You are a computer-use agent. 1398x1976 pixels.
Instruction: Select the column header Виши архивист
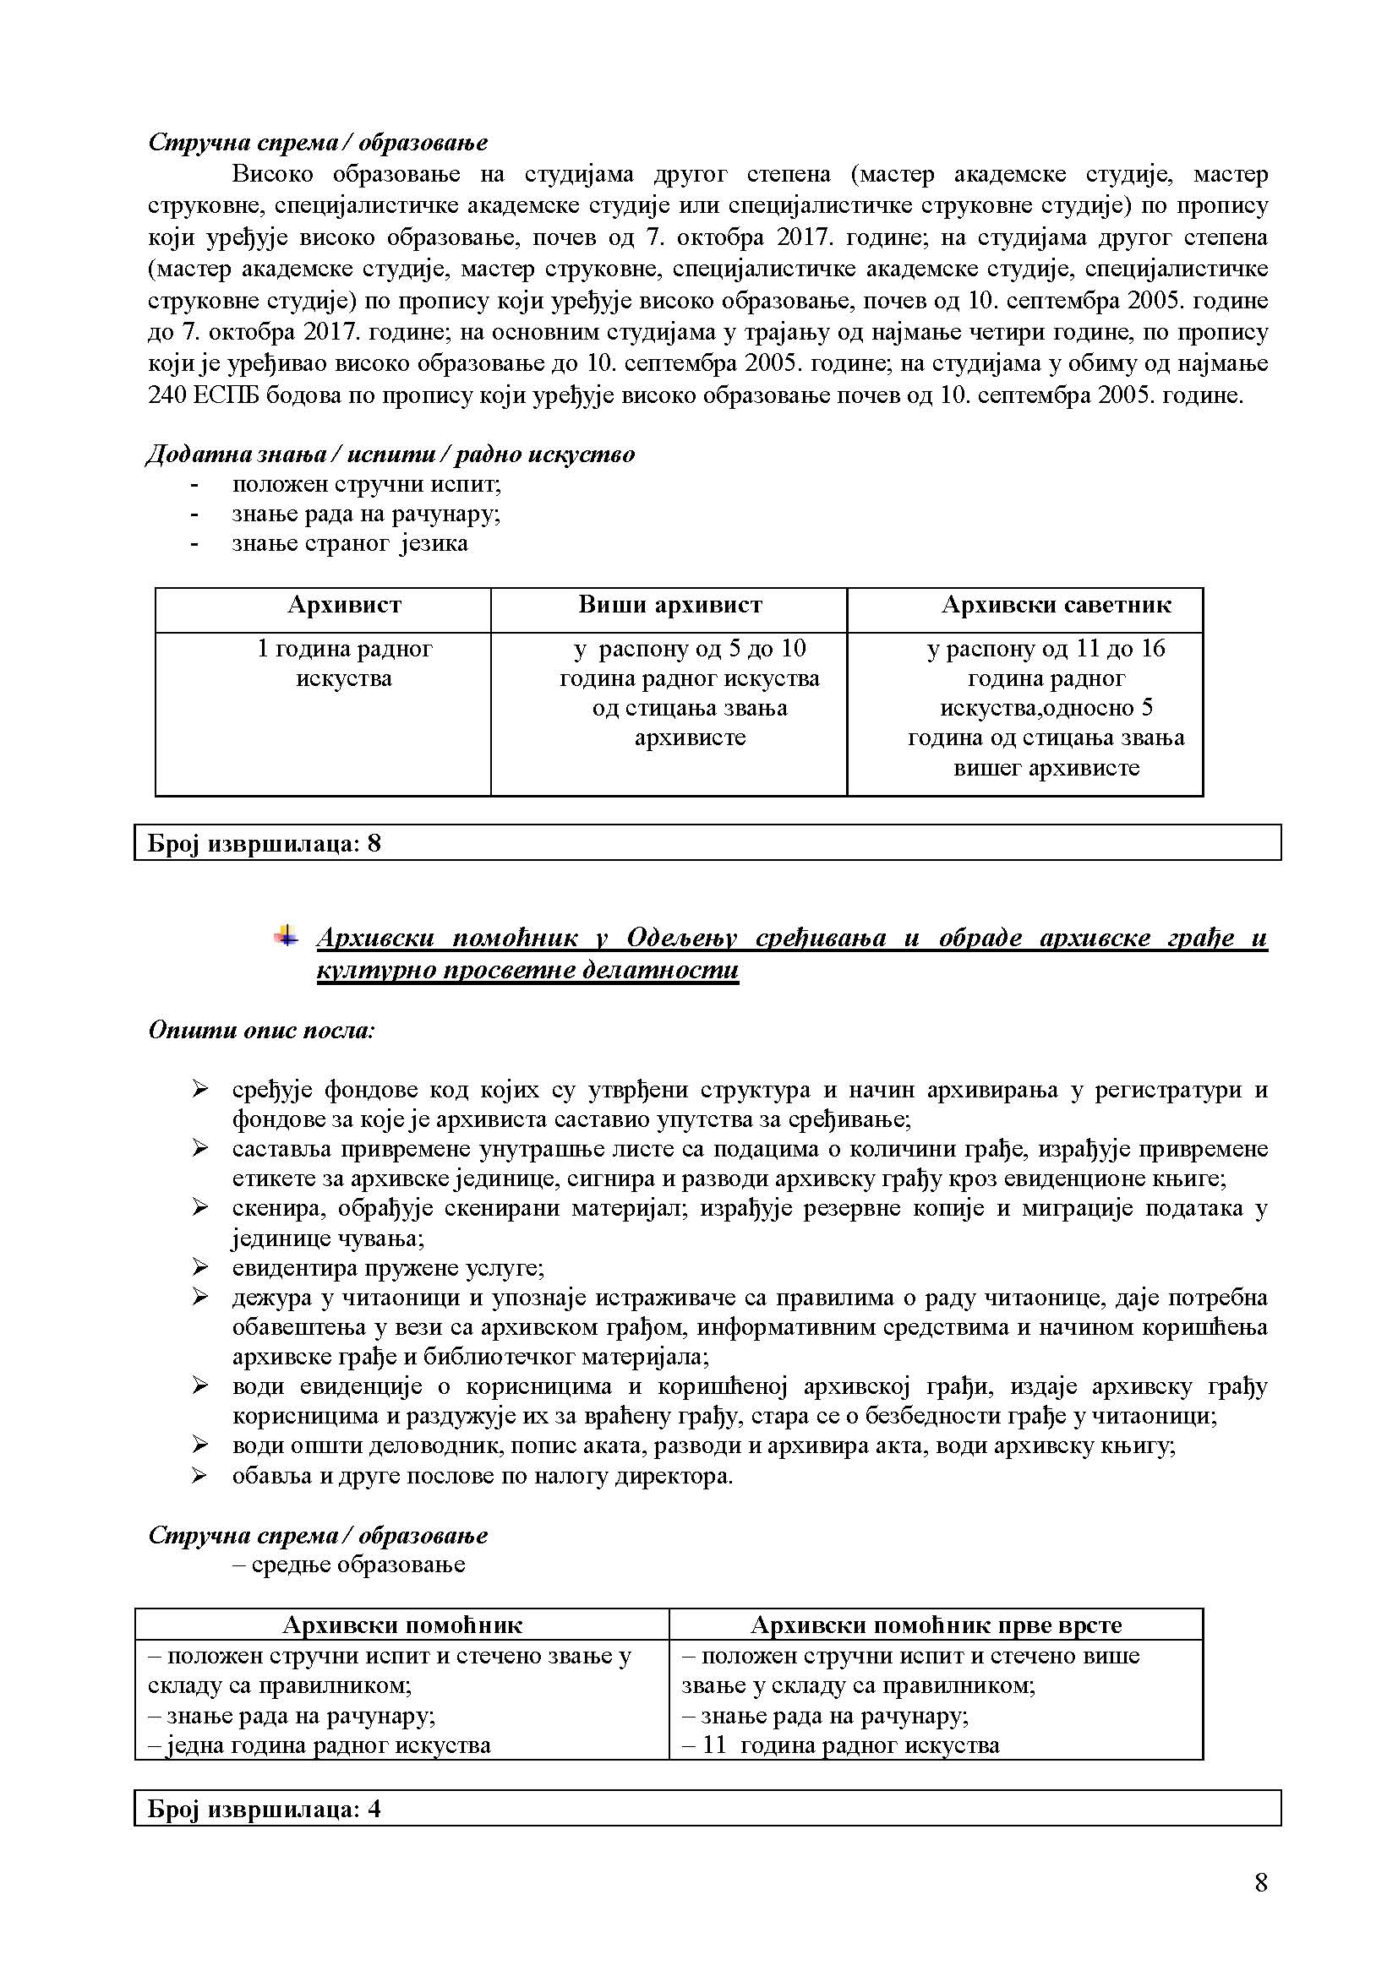[669, 605]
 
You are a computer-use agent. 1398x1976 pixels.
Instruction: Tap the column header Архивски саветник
[1056, 605]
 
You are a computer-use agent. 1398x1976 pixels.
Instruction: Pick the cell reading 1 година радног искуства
[344, 662]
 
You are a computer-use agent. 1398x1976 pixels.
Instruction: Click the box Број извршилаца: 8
[707, 842]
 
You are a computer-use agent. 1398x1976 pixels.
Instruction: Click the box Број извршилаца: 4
[707, 1808]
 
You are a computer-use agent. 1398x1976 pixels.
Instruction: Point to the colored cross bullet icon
[286, 935]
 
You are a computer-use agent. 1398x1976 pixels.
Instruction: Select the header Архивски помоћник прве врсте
[936, 1625]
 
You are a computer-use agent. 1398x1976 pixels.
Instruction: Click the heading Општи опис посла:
[262, 1029]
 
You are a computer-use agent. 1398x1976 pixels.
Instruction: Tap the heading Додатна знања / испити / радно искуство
[390, 454]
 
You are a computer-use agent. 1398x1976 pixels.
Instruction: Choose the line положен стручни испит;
[366, 484]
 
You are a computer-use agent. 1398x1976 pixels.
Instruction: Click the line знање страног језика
[350, 543]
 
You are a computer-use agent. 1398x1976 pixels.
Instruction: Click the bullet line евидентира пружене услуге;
[387, 1268]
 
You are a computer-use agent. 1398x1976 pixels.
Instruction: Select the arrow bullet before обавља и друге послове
[199, 1476]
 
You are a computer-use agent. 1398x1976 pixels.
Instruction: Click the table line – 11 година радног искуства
[840, 1745]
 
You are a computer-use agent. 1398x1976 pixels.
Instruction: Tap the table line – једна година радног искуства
[319, 1745]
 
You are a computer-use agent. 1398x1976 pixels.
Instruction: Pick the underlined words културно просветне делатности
[527, 970]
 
